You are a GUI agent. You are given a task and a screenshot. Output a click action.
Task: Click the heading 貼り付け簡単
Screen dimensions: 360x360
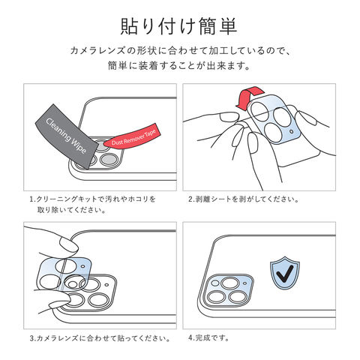pyautogui.click(x=178, y=26)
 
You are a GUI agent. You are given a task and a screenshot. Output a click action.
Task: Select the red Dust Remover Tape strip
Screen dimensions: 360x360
pyautogui.click(x=132, y=138)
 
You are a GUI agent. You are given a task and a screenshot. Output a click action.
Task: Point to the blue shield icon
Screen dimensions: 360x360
pyautogui.click(x=285, y=273)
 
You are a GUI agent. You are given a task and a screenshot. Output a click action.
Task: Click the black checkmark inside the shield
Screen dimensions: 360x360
pyautogui.click(x=285, y=274)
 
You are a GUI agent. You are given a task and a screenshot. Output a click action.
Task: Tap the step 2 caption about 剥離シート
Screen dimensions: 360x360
pyautogui.click(x=244, y=199)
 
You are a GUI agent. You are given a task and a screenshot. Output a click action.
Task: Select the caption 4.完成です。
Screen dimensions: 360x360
pyautogui.click(x=209, y=338)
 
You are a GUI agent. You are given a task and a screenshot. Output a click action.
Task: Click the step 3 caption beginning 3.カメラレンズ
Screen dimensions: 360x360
pyautogui.click(x=100, y=338)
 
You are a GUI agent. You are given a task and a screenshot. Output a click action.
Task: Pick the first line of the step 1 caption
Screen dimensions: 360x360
pyautogui.click(x=93, y=199)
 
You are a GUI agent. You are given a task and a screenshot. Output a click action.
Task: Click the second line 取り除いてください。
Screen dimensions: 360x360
pyautogui.click(x=72, y=210)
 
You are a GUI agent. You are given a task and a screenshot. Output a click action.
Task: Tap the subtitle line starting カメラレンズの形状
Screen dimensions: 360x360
pyautogui.click(x=180, y=51)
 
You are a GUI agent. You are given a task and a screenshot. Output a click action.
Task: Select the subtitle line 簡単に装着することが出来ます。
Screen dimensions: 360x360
pyautogui.click(x=179, y=66)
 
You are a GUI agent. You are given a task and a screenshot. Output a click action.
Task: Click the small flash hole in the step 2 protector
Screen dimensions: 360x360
pyautogui.click(x=292, y=131)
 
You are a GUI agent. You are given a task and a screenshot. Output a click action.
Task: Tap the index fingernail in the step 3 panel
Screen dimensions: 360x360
pyautogui.click(x=69, y=244)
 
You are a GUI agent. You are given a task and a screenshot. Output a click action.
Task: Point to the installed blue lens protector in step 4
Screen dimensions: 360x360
pyautogui.click(x=229, y=289)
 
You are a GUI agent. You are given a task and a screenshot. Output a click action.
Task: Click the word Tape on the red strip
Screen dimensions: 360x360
pyautogui.click(x=150, y=133)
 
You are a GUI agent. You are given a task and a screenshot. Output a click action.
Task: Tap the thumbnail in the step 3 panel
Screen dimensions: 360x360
pyautogui.click(x=59, y=301)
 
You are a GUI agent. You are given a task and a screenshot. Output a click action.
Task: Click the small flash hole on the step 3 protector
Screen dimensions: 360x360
pyautogui.click(x=82, y=267)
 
